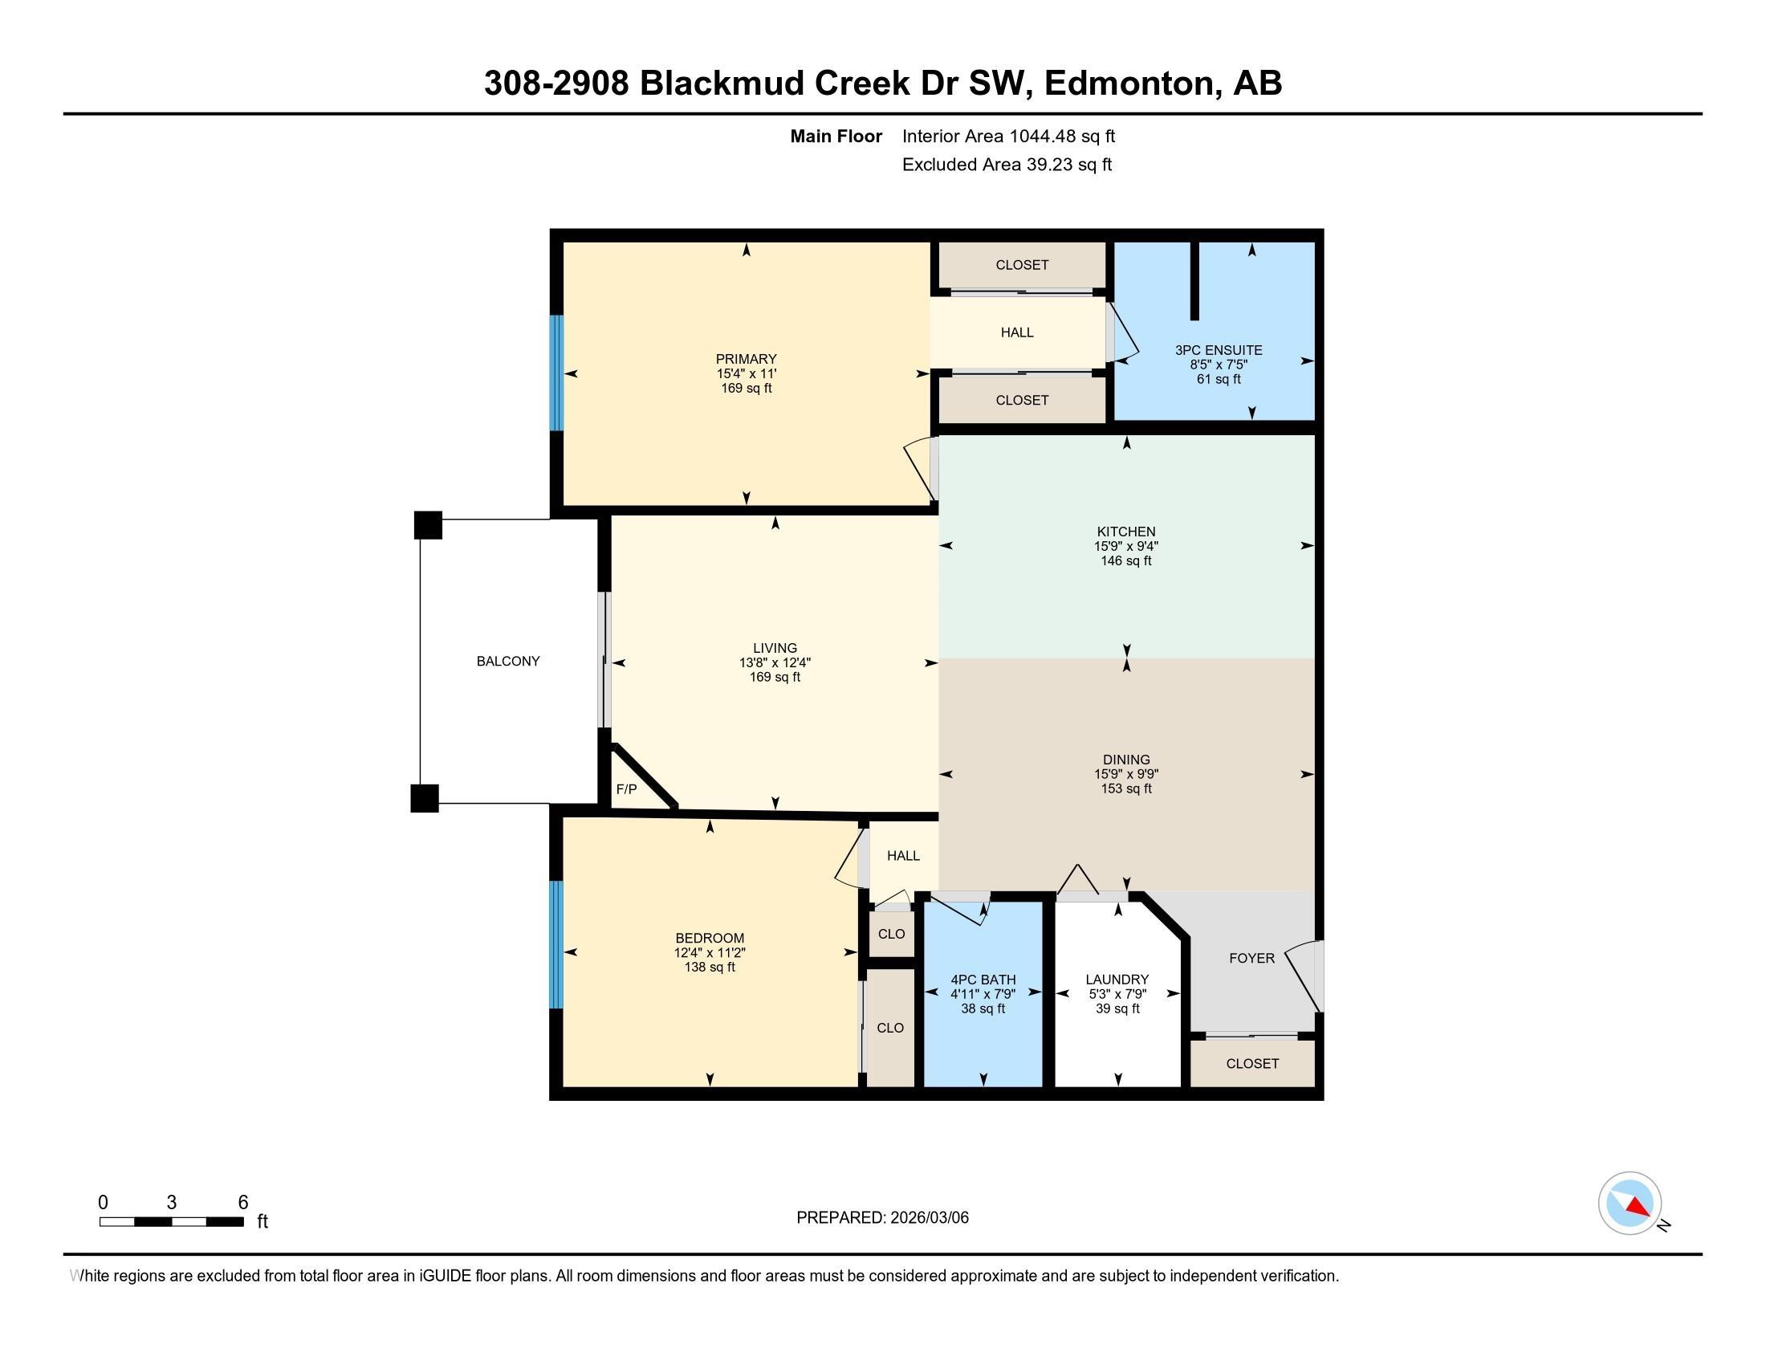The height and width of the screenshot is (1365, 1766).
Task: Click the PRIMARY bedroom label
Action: [x=746, y=359]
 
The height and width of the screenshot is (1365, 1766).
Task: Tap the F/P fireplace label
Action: [x=626, y=789]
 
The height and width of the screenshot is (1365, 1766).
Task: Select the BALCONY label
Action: [x=508, y=661]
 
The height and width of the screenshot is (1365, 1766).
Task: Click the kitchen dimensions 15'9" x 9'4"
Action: [x=1125, y=546]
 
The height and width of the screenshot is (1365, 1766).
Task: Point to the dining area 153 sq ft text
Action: [x=1125, y=788]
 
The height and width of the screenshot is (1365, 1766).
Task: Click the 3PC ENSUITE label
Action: [x=1218, y=350]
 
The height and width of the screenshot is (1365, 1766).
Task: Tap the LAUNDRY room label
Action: [x=1117, y=980]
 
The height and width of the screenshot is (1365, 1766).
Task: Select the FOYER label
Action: [x=1251, y=958]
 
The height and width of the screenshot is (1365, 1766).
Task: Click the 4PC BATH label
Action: [x=983, y=980]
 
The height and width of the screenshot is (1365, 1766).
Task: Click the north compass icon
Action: [x=1630, y=1204]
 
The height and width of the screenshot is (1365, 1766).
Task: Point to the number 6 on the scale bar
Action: [x=242, y=1203]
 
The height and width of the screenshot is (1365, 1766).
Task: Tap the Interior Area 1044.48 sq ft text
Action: [x=1008, y=136]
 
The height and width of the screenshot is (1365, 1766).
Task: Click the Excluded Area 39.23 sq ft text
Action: [x=1007, y=165]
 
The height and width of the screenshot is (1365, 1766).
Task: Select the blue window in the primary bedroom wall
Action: [x=555, y=373]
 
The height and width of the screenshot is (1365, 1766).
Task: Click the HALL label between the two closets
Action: [x=1016, y=332]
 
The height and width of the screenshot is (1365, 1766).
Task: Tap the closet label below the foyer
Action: [x=1251, y=1063]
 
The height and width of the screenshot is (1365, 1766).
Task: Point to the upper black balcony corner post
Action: [x=428, y=525]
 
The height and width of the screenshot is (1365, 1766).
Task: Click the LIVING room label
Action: [x=775, y=648]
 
